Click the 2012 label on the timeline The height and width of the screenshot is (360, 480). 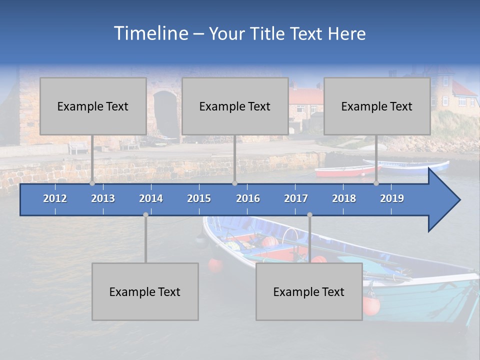(x=55, y=198)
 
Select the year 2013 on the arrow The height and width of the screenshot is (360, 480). (x=103, y=198)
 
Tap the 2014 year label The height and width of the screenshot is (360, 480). (x=151, y=198)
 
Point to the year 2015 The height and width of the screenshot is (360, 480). (x=199, y=198)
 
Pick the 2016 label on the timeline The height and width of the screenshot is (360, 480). (x=248, y=198)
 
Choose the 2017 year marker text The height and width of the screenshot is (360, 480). (x=296, y=198)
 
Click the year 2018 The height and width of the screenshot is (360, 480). (x=344, y=198)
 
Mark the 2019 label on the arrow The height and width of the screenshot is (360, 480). (x=392, y=198)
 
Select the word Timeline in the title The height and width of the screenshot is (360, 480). (x=150, y=33)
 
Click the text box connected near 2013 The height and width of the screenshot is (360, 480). (x=93, y=106)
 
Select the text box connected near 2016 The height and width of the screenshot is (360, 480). (x=235, y=106)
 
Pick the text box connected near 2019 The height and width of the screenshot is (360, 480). (x=377, y=106)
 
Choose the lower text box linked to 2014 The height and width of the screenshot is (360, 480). (x=145, y=291)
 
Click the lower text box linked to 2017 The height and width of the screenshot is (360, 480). (x=309, y=291)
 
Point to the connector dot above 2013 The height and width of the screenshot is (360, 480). (x=92, y=183)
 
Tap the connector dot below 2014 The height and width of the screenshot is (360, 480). (x=145, y=214)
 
